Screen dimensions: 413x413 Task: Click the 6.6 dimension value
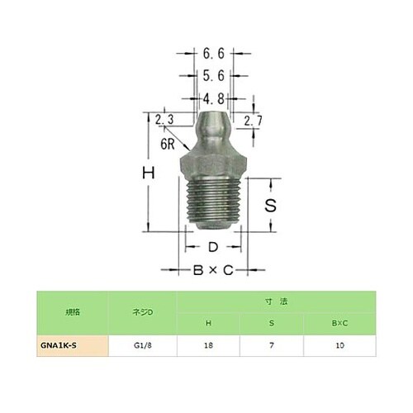pyautogui.click(x=213, y=55)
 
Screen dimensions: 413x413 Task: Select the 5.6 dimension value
pyautogui.click(x=213, y=76)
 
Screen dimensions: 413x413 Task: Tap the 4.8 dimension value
pyautogui.click(x=213, y=98)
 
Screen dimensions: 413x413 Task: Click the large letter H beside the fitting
pyautogui.click(x=149, y=174)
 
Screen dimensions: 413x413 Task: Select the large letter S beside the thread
pyautogui.click(x=269, y=206)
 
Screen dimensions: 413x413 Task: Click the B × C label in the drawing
pyautogui.click(x=212, y=269)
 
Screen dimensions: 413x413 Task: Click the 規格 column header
pyautogui.click(x=72, y=313)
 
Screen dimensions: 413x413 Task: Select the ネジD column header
pyautogui.click(x=144, y=313)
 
